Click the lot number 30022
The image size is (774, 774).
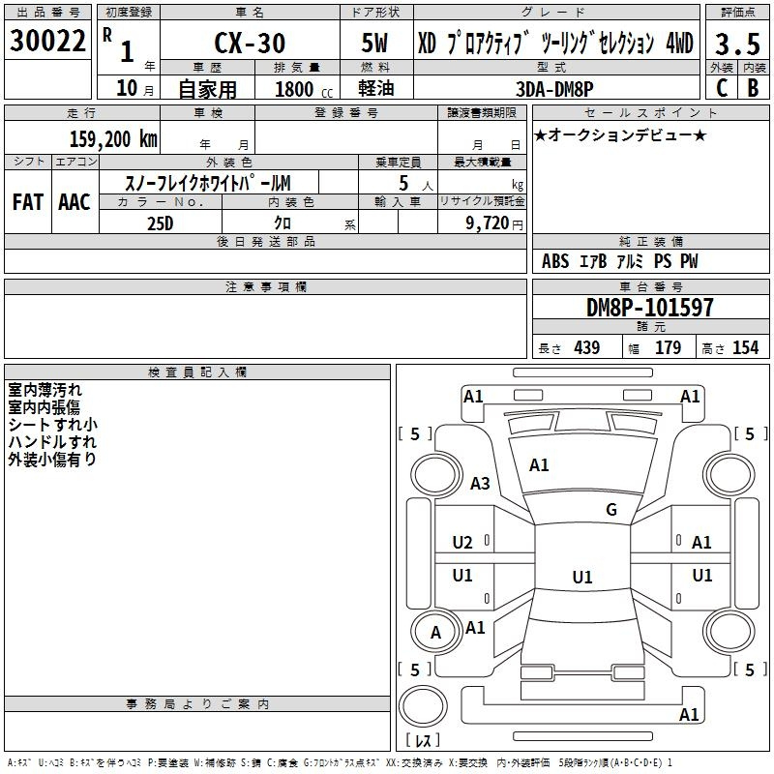tap(47, 41)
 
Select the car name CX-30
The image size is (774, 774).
tap(250, 43)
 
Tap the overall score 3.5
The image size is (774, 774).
tap(737, 44)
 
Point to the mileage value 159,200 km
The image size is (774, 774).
tap(113, 139)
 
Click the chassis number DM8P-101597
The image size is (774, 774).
tap(649, 308)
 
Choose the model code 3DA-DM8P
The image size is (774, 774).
tap(554, 89)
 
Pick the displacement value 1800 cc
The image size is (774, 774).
tap(304, 89)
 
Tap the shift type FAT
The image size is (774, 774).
tap(28, 202)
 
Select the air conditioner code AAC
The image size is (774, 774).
tap(74, 202)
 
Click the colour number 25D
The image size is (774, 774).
tap(161, 223)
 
